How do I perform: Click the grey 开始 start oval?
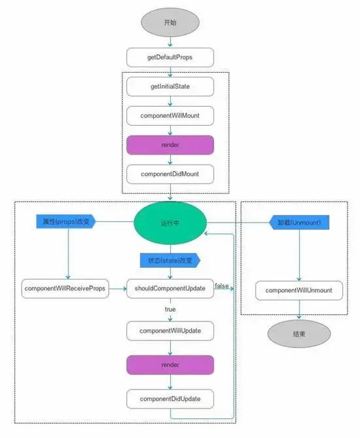(170, 23)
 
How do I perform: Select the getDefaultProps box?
(170, 58)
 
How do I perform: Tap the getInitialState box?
(170, 86)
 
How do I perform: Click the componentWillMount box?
(170, 115)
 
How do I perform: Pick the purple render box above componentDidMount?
(170, 145)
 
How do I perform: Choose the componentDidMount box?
(170, 173)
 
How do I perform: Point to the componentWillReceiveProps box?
(64, 289)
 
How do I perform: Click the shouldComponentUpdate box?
(170, 289)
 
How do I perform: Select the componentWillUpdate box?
(170, 331)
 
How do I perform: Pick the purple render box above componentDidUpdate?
(170, 365)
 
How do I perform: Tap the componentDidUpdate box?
(170, 399)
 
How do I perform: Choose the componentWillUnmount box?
(298, 290)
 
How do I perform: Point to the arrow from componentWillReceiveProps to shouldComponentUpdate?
(117, 289)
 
